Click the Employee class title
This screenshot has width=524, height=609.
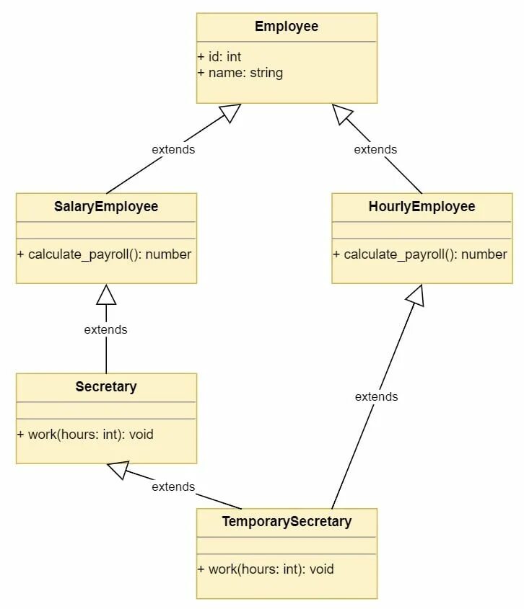point(287,27)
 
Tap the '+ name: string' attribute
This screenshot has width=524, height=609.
point(240,73)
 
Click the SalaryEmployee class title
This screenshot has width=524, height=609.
point(106,207)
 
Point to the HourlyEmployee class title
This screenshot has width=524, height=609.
point(422,207)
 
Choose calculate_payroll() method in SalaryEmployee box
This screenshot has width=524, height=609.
point(104,254)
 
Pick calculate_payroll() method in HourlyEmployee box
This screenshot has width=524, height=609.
point(420,254)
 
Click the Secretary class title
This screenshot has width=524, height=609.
point(106,387)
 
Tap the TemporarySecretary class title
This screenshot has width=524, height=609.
point(287,522)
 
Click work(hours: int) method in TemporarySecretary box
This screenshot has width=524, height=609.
point(266,569)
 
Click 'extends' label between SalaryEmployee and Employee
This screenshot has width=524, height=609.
point(173,150)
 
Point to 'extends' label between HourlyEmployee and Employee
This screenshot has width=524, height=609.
point(375,150)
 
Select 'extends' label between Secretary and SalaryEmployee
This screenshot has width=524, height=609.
point(105,330)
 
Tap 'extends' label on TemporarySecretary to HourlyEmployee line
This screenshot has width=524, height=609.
point(376,397)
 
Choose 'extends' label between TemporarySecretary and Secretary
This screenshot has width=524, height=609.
point(173,487)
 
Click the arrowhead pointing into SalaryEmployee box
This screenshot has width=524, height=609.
point(106,294)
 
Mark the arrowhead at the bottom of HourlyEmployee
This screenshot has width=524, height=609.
point(416,295)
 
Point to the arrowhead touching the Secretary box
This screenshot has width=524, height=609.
point(118,469)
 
